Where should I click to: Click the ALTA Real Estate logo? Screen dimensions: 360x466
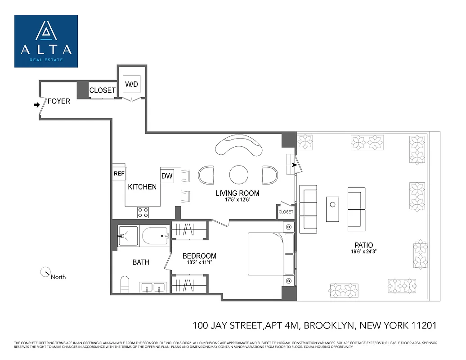tap(46, 41)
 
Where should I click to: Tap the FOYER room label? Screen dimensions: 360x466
tap(59, 101)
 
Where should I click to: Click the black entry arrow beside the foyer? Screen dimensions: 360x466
tap(36, 105)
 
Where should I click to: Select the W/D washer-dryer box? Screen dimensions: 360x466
tap(131, 84)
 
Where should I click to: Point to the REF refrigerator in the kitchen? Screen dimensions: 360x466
tap(119, 173)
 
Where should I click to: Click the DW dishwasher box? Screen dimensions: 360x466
tap(167, 176)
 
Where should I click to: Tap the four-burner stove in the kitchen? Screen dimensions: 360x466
tap(143, 212)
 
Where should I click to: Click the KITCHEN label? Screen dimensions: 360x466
tap(142, 187)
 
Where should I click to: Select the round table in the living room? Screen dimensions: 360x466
tap(238, 174)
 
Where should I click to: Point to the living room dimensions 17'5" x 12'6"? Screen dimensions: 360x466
tap(237, 200)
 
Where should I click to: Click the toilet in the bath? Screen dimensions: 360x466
tap(125, 284)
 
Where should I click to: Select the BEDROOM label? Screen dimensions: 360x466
tap(199, 256)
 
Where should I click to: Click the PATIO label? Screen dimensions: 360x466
tap(364, 245)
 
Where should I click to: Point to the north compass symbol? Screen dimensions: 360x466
tap(45, 272)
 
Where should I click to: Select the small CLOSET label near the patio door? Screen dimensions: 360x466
tap(286, 212)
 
